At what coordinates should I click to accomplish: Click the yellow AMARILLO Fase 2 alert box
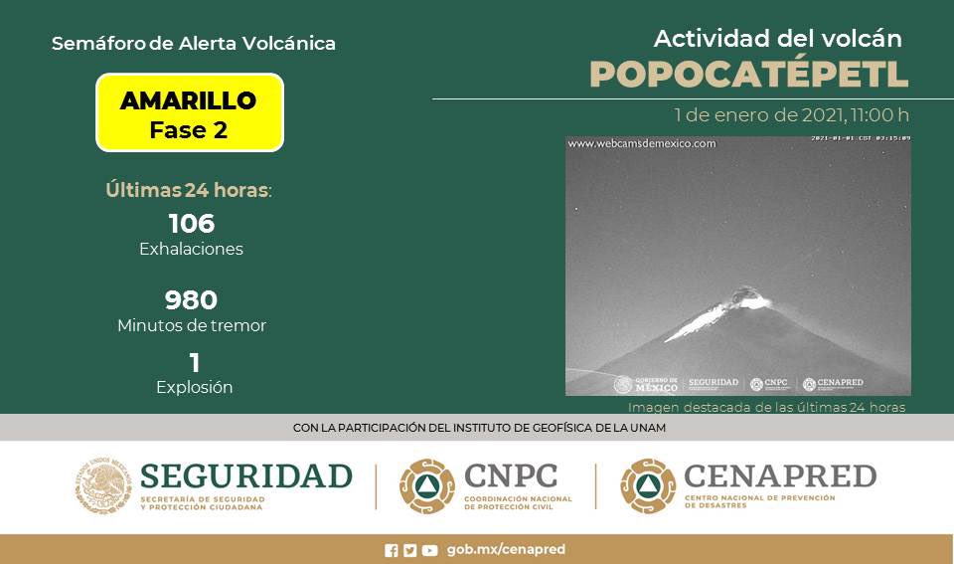coord(190,113)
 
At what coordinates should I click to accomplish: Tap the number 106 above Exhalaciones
coord(191,224)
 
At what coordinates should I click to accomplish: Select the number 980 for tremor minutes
coord(191,299)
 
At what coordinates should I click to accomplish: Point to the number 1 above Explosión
coord(194,363)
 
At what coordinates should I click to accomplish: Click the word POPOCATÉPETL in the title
coord(748,75)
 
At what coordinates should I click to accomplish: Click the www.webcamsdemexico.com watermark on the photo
coord(642,143)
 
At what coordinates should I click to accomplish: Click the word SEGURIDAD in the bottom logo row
coord(246,476)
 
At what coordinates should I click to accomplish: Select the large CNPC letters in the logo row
coord(512,475)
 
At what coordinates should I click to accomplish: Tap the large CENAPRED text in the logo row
coord(779,475)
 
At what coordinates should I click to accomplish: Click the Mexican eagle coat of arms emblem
coord(103,485)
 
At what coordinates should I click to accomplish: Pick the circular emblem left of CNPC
coord(427,485)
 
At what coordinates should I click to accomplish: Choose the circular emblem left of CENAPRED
coord(648,485)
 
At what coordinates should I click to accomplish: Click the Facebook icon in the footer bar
coord(392,550)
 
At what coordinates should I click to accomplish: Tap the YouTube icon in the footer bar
coord(429,550)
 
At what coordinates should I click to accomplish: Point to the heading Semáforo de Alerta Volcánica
coord(193,44)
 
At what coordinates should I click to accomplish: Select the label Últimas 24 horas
coord(188,190)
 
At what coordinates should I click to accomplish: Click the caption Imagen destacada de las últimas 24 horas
coord(766,407)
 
